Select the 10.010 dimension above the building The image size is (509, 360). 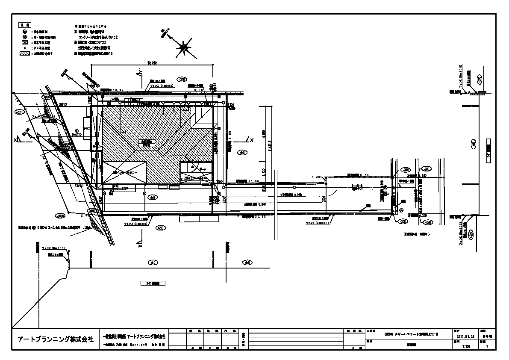[152, 63]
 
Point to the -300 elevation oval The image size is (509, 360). [401, 221]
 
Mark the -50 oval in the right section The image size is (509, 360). [473, 143]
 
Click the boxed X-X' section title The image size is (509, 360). [153, 283]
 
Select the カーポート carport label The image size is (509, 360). [356, 186]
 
